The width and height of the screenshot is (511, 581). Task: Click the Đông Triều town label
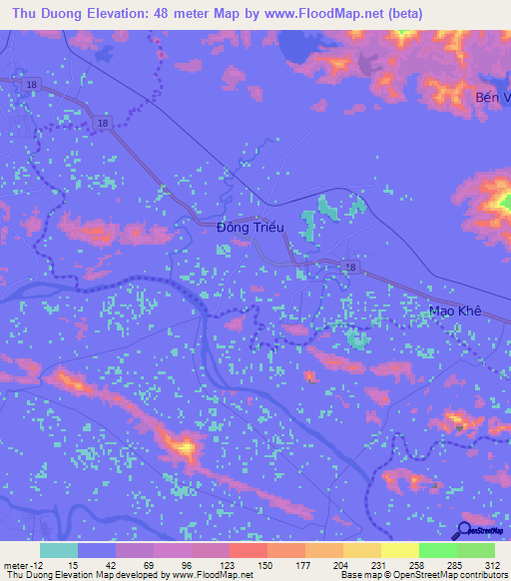[x=251, y=228]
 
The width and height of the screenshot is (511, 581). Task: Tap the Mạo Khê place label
[x=455, y=310]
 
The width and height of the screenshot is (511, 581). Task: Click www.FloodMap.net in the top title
[x=322, y=14]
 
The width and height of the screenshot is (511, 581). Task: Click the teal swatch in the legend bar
[x=58, y=550]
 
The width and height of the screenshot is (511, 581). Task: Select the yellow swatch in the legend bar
[x=399, y=550]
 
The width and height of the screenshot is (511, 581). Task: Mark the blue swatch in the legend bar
[x=96, y=550]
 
